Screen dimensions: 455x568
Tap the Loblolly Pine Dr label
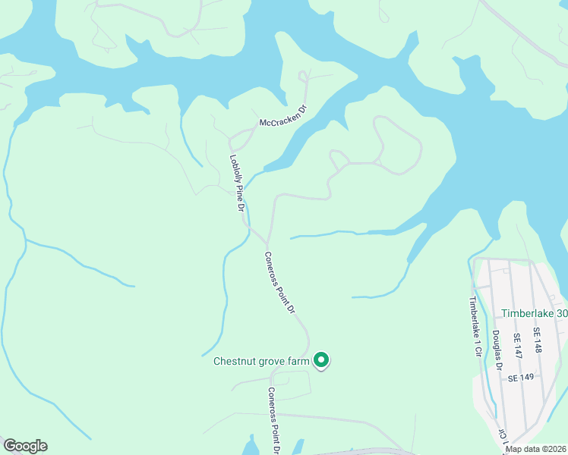(238, 183)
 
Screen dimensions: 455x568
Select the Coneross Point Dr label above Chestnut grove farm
(279, 283)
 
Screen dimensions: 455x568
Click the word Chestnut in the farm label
(235, 361)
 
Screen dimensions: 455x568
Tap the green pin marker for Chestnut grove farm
(321, 360)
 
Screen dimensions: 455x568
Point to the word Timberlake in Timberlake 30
(529, 313)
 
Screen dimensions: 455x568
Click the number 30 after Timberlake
(562, 313)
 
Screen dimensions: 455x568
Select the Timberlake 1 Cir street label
(475, 318)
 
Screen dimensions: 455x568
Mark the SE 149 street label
(522, 377)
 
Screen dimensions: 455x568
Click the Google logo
(25, 446)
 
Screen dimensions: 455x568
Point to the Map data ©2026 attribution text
(536, 448)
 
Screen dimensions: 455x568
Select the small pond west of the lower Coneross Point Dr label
(251, 446)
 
